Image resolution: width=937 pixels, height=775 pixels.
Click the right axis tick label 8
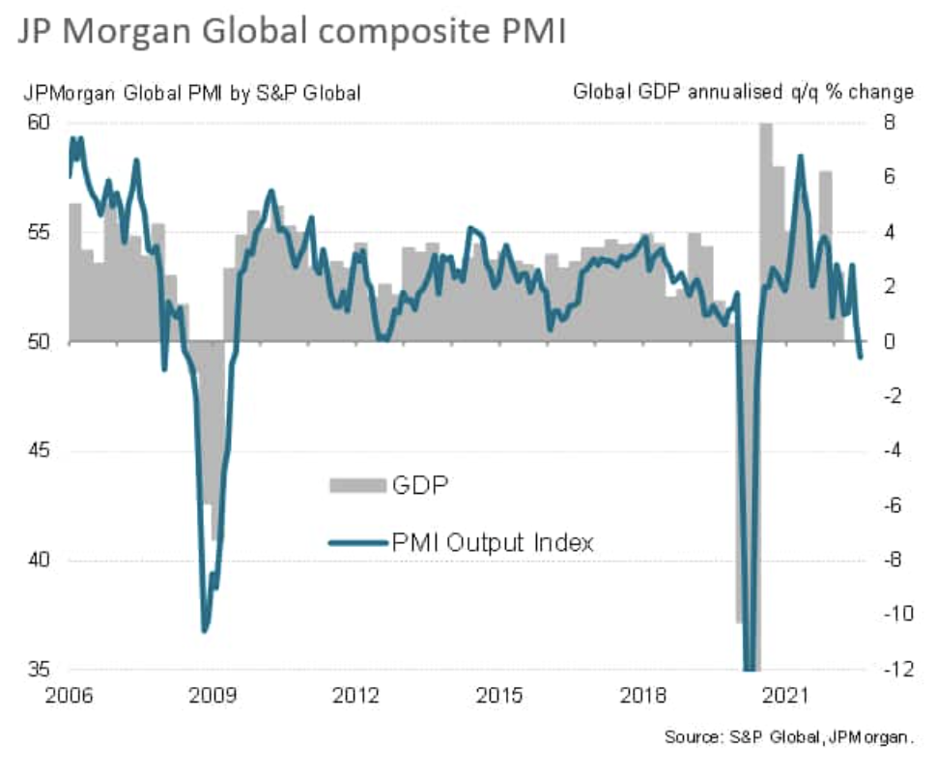point(885,123)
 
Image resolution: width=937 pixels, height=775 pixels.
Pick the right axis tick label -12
point(890,669)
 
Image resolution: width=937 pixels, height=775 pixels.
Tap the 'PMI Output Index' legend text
point(492,543)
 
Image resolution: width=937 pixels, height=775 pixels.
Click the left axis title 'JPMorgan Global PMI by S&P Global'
point(193,94)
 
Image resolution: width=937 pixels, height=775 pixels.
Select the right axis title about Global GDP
point(743,94)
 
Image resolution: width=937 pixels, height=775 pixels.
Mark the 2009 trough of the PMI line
point(205,631)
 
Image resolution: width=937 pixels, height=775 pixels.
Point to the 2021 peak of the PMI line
point(800,157)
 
